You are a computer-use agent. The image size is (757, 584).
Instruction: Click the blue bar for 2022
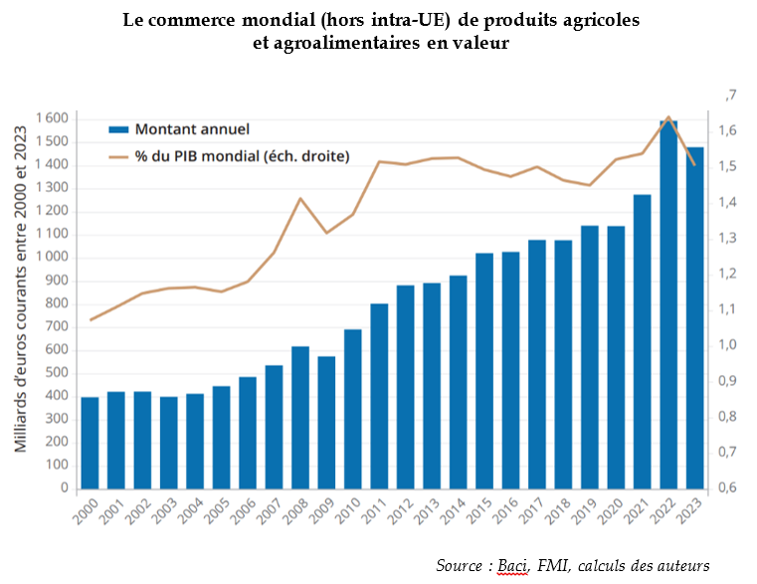tap(668, 304)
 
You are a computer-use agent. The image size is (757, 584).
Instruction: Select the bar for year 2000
tap(90, 443)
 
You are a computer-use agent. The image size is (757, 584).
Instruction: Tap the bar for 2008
tap(300, 418)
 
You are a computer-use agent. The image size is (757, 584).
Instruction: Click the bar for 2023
tap(694, 318)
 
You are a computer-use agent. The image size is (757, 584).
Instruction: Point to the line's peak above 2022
tap(668, 117)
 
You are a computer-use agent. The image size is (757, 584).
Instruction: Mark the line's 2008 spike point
tap(300, 198)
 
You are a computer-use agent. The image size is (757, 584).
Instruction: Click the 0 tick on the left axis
tap(64, 488)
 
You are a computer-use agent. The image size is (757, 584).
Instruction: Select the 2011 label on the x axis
tap(377, 513)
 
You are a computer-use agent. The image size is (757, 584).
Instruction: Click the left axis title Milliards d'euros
tap(21, 298)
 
